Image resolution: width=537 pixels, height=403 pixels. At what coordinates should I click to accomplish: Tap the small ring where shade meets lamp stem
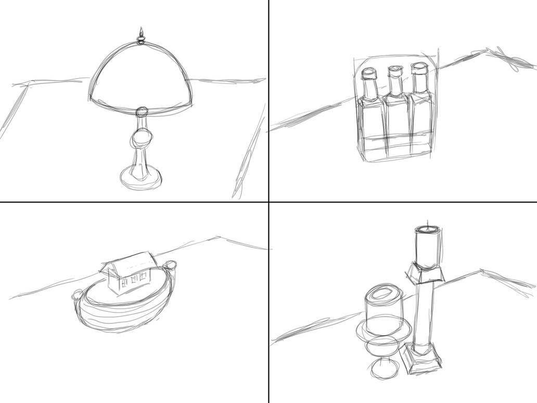click(142, 112)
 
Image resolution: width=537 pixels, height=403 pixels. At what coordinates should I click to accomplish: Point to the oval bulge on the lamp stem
click(142, 140)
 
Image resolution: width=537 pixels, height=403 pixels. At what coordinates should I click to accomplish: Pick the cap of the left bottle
click(368, 74)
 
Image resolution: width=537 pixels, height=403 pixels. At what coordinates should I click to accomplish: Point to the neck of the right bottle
click(418, 84)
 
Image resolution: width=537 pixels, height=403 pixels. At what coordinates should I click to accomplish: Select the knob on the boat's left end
click(77, 294)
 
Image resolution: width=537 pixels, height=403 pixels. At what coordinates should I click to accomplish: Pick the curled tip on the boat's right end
click(170, 266)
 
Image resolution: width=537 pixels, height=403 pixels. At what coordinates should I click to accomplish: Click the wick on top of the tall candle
click(428, 225)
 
